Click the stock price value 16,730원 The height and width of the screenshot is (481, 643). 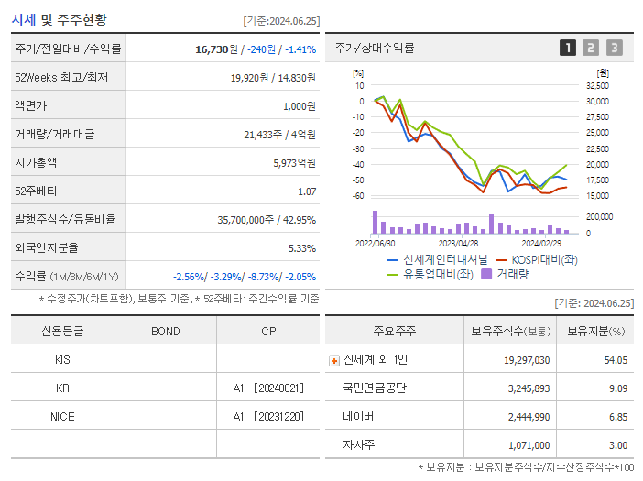point(219,49)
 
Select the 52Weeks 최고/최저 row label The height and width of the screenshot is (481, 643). point(61,78)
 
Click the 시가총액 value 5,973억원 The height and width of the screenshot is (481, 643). point(295,163)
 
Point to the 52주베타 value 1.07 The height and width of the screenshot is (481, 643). point(307,191)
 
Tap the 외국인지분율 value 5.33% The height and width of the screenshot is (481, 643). point(301,248)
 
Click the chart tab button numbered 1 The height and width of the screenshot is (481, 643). point(568,48)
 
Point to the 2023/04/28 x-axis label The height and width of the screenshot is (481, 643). point(458,244)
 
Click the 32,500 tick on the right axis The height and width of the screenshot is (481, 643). point(597,85)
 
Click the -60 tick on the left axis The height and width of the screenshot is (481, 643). point(358,196)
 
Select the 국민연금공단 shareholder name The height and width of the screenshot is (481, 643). point(375,388)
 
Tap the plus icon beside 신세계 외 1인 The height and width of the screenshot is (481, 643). point(334,361)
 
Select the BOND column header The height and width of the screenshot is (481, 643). point(165,332)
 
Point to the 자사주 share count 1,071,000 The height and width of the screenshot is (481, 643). point(527,445)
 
